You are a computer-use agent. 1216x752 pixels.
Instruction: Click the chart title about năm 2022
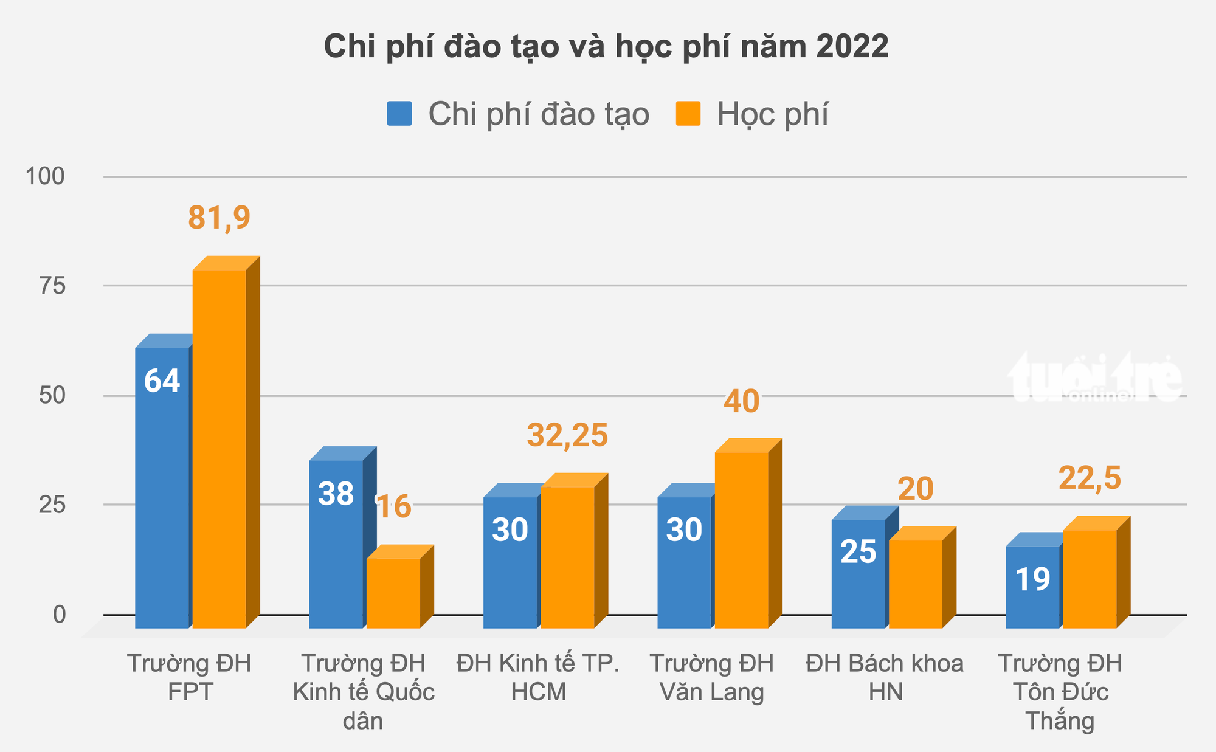(x=606, y=47)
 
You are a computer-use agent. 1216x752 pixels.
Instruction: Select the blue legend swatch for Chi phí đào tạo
(x=399, y=114)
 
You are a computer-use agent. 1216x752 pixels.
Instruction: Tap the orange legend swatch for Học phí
(x=688, y=114)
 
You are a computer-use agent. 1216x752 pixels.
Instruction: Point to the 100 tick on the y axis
(x=44, y=177)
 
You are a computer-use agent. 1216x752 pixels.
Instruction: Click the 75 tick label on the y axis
(x=52, y=286)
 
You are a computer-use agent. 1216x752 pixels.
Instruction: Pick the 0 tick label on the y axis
(x=59, y=615)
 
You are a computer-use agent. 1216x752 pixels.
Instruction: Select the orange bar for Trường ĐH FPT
(x=219, y=450)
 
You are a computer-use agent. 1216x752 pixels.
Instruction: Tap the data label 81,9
(x=219, y=217)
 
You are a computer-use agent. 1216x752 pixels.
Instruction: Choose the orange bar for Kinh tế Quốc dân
(x=393, y=593)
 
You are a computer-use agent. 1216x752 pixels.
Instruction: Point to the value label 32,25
(x=567, y=435)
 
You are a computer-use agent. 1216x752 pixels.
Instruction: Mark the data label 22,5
(x=1089, y=478)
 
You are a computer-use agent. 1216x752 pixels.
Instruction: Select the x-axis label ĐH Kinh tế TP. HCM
(x=538, y=677)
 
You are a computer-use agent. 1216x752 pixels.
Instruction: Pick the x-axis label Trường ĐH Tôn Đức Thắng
(x=1060, y=692)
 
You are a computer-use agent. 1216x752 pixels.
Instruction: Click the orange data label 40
(x=741, y=401)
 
